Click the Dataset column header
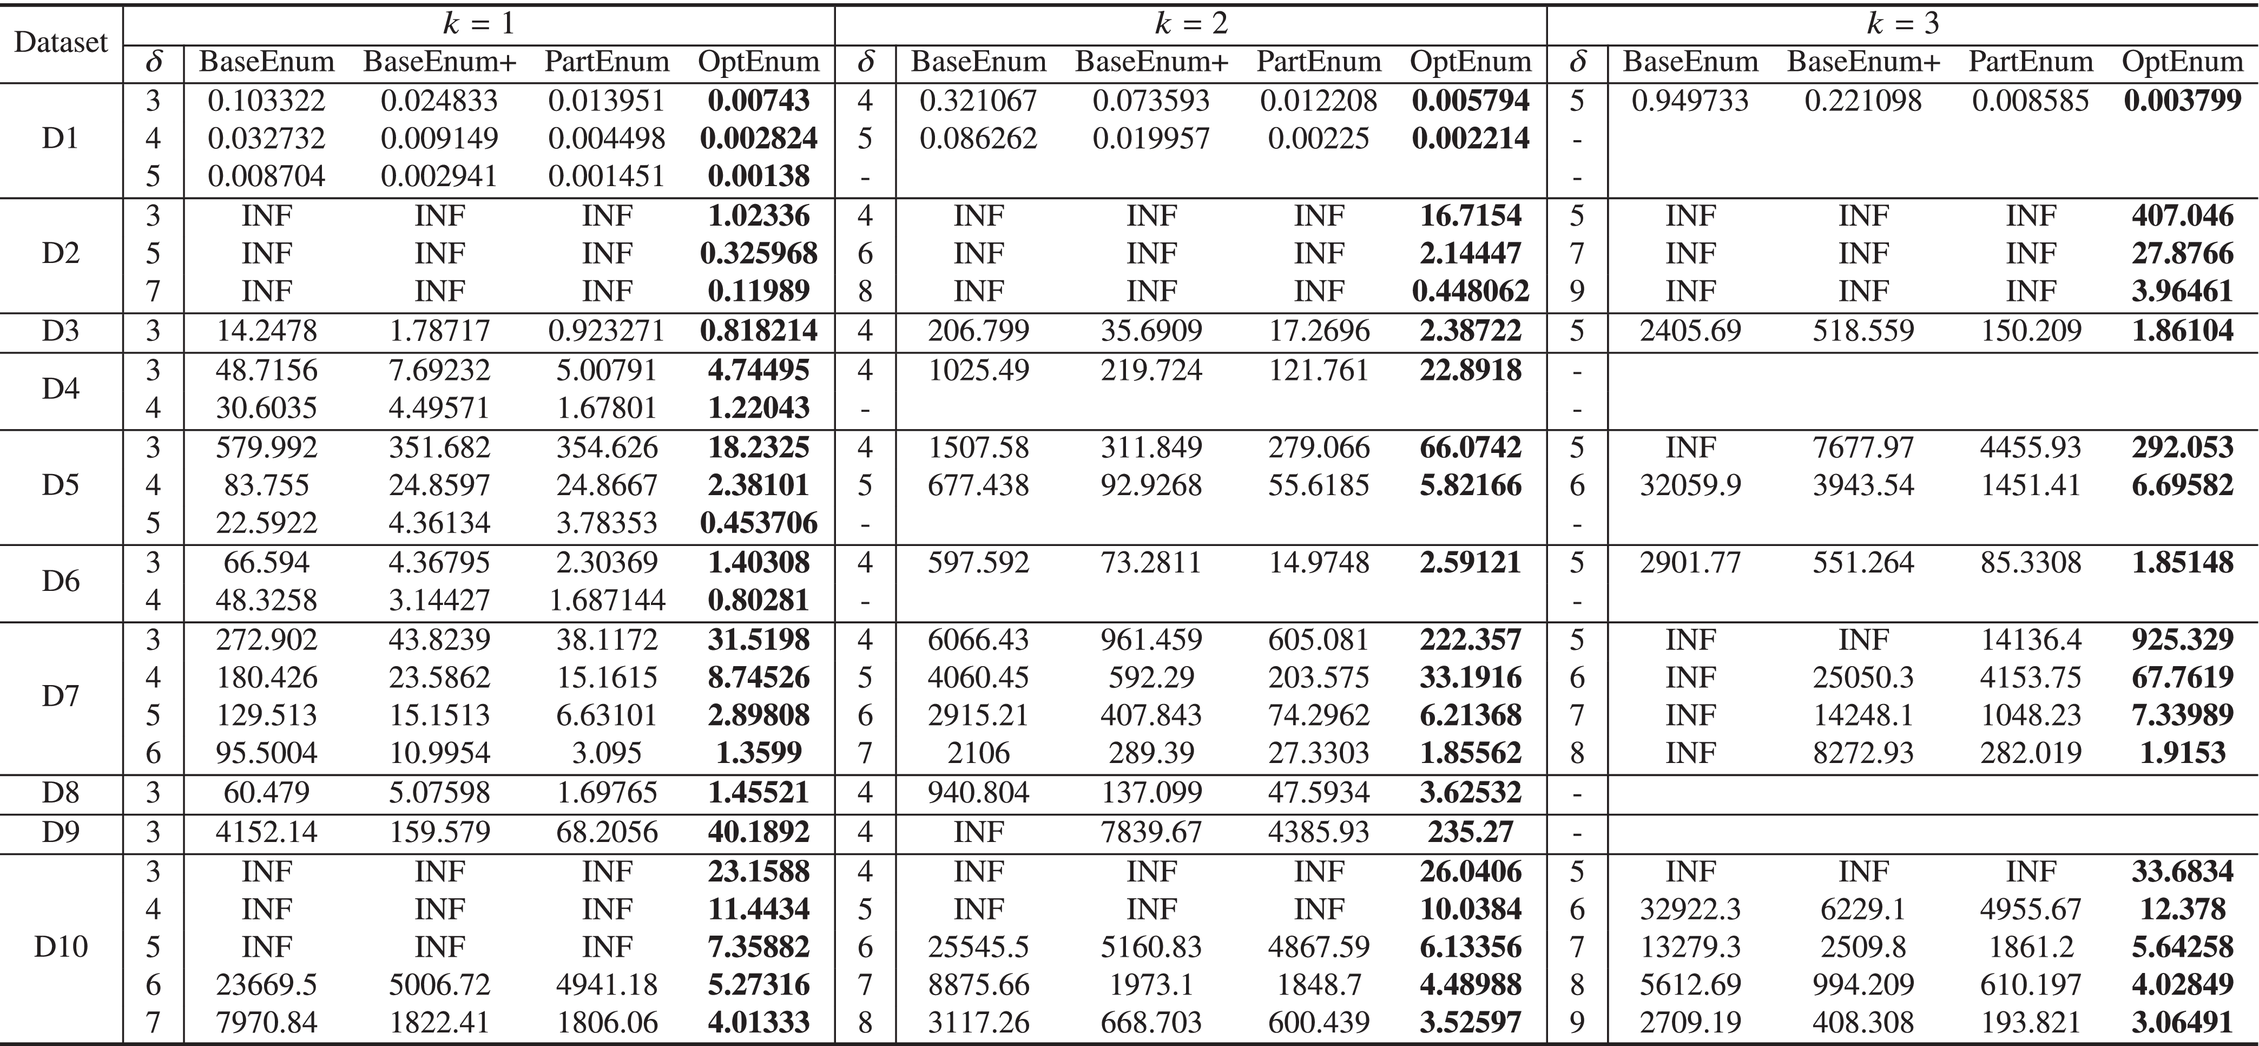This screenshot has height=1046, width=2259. [x=61, y=42]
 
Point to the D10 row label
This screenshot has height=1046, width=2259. [x=61, y=947]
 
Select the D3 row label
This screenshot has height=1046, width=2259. [x=61, y=331]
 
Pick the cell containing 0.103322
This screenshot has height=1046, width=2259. [x=267, y=101]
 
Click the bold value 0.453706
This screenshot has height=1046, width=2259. [x=759, y=523]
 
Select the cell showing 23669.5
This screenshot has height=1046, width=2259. [x=267, y=985]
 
